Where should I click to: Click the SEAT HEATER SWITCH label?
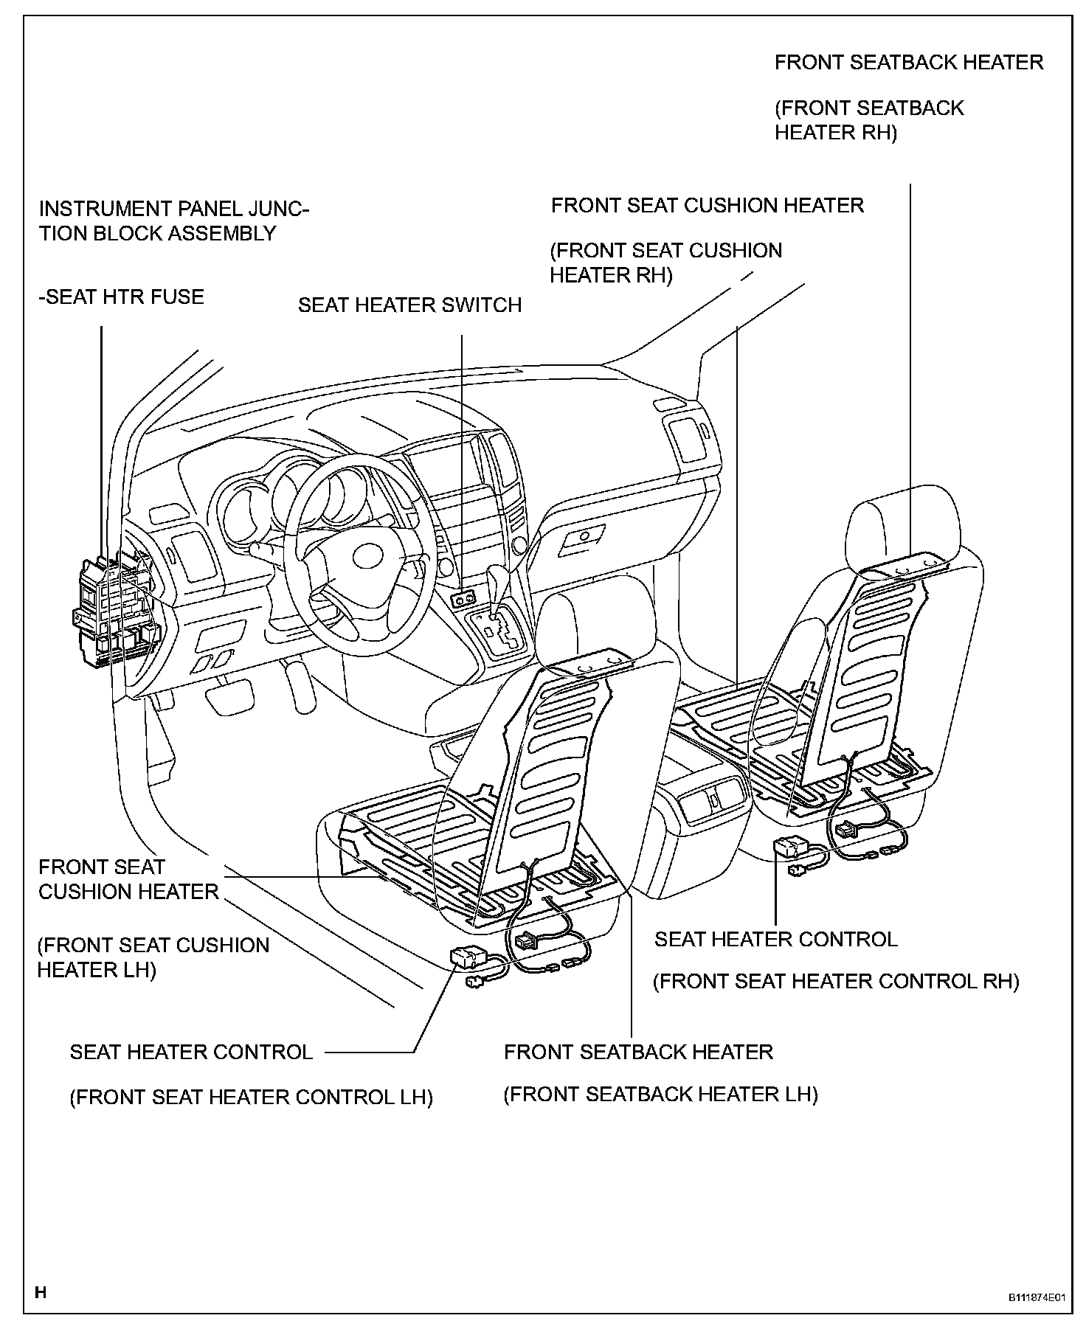tap(409, 305)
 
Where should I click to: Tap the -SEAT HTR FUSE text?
tap(122, 297)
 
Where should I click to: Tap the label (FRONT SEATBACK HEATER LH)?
tap(660, 1095)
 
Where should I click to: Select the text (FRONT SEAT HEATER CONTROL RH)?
tap(836, 982)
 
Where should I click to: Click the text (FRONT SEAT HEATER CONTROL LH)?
tap(251, 1098)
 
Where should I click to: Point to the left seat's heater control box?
tap(467, 957)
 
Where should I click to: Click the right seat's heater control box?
tap(791, 846)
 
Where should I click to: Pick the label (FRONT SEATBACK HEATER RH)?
tap(868, 120)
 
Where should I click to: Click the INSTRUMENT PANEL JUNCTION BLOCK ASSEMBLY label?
tap(173, 221)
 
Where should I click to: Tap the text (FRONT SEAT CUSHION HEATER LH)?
tap(153, 957)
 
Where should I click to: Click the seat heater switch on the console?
tap(463, 600)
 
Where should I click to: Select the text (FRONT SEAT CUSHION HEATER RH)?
tap(665, 263)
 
